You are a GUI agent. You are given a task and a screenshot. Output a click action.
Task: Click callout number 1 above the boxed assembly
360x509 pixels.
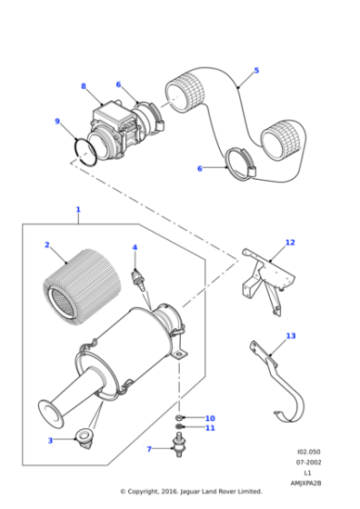coord(77,210)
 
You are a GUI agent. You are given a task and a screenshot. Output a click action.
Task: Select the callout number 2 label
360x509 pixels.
coord(46,245)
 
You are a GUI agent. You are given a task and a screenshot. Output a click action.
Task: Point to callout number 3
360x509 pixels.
coord(50,440)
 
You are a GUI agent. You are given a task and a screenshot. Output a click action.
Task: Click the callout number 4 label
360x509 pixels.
coord(135,247)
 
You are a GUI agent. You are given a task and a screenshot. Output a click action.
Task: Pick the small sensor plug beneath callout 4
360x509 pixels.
coord(138,275)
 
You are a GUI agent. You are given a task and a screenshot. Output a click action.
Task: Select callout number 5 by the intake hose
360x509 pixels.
coord(256,70)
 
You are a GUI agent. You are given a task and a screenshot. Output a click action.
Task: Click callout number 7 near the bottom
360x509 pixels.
coord(149,449)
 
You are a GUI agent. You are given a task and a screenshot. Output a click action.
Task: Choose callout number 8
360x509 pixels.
coord(84,87)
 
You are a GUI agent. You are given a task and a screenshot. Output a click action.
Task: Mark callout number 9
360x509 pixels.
coord(57,121)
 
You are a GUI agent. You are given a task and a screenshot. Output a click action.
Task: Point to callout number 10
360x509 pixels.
coord(210,418)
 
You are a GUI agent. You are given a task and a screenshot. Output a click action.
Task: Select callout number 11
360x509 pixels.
coord(210,428)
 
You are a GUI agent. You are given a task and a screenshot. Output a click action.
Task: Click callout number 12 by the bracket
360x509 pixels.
coord(290,243)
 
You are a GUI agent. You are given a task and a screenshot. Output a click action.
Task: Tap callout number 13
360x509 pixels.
coord(291,336)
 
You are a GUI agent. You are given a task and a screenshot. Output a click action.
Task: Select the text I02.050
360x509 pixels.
coord(308,452)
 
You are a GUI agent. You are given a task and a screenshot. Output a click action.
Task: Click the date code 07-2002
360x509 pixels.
coord(308,463)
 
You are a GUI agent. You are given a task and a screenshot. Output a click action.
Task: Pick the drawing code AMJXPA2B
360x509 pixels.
coord(306,483)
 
